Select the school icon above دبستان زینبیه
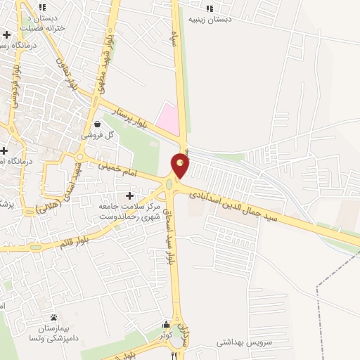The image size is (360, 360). click(209, 8)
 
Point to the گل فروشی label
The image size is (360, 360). click(92, 134)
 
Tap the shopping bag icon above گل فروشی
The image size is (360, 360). click(106, 123)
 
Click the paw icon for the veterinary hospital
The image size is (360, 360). click(53, 319)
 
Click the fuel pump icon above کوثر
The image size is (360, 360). click(166, 325)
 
